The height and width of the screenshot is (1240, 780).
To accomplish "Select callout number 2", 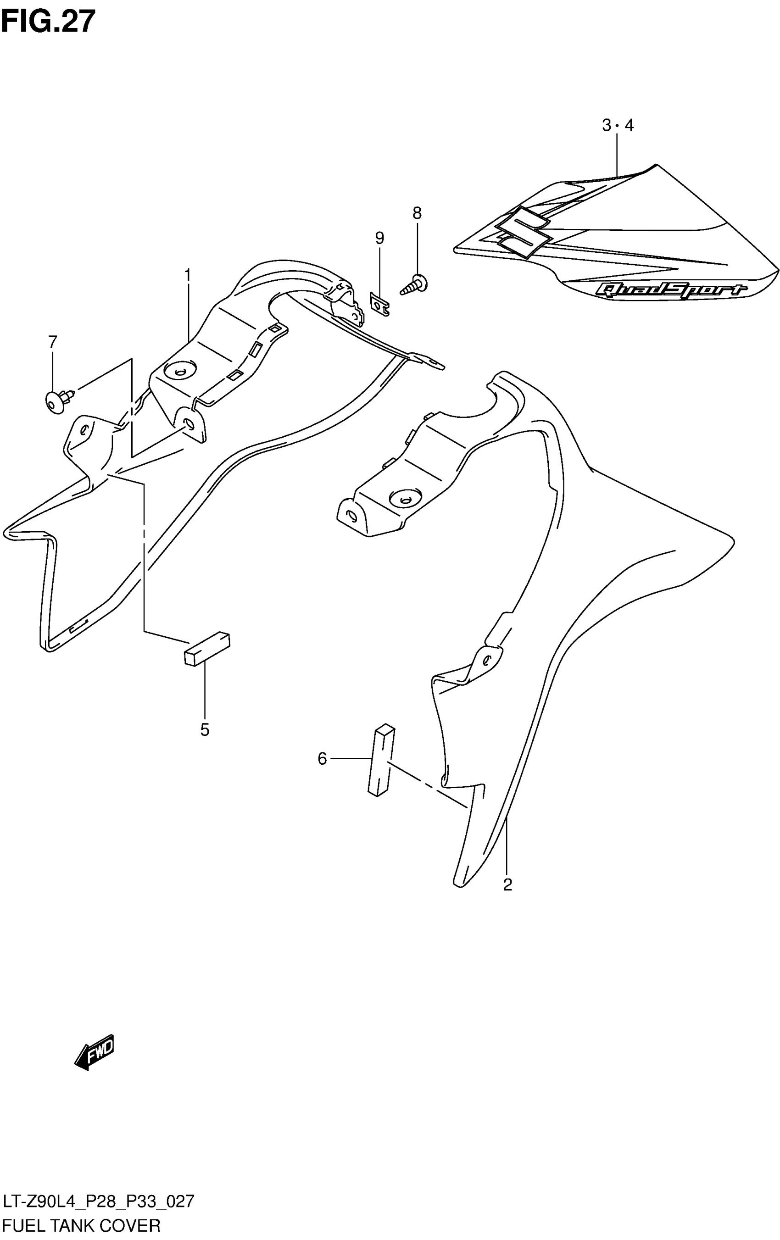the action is tap(507, 884).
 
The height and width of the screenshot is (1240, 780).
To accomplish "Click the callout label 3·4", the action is tap(617, 125).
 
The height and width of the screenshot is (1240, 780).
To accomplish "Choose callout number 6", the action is tap(322, 758).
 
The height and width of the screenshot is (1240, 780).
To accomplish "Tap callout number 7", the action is tap(53, 341).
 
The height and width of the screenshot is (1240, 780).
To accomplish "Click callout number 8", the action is tap(417, 213).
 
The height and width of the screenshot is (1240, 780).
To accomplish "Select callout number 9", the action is tap(379, 238).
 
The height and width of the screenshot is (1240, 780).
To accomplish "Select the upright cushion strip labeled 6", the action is tap(381, 760).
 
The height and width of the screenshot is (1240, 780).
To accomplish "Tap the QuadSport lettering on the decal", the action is tap(670, 290).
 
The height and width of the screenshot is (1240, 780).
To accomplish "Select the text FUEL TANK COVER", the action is tap(81, 1225).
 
